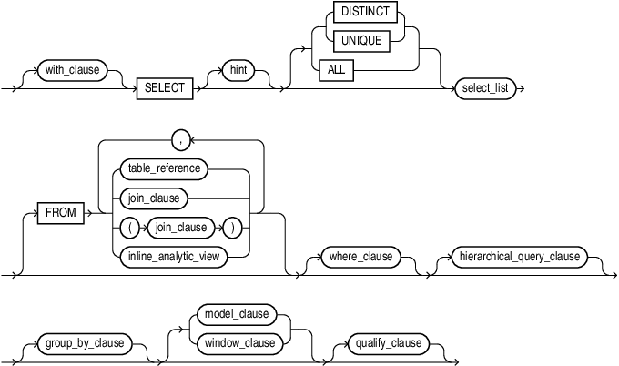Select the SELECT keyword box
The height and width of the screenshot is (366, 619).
pyautogui.click(x=164, y=89)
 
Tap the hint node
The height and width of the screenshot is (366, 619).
pyautogui.click(x=238, y=68)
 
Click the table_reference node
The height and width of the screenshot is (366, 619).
pyautogui.click(x=162, y=168)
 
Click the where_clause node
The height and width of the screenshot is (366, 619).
pyautogui.click(x=361, y=257)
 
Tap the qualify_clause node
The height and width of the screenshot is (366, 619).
pyautogui.click(x=391, y=343)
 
